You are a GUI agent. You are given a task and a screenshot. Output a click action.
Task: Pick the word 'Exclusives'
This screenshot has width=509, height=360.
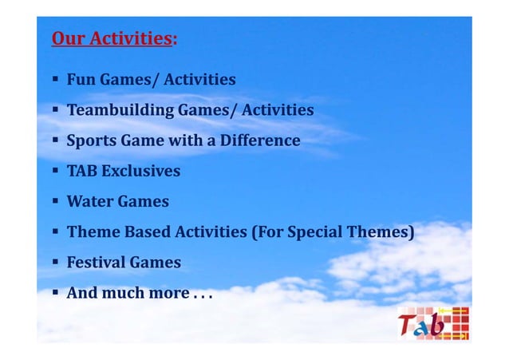click(x=140, y=171)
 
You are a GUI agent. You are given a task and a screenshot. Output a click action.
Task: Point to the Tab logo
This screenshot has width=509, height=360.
click(x=433, y=322)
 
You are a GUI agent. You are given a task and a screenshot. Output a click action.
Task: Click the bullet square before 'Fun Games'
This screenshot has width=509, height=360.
click(x=55, y=80)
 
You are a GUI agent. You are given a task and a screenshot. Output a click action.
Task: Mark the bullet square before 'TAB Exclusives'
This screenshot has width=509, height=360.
click(x=55, y=171)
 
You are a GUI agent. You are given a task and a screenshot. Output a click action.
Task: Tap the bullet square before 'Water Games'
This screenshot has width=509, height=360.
click(x=55, y=201)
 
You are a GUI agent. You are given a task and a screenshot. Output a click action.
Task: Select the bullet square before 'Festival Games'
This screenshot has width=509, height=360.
click(x=55, y=263)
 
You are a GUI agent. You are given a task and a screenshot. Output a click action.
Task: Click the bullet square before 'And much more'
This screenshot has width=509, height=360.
click(x=55, y=293)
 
